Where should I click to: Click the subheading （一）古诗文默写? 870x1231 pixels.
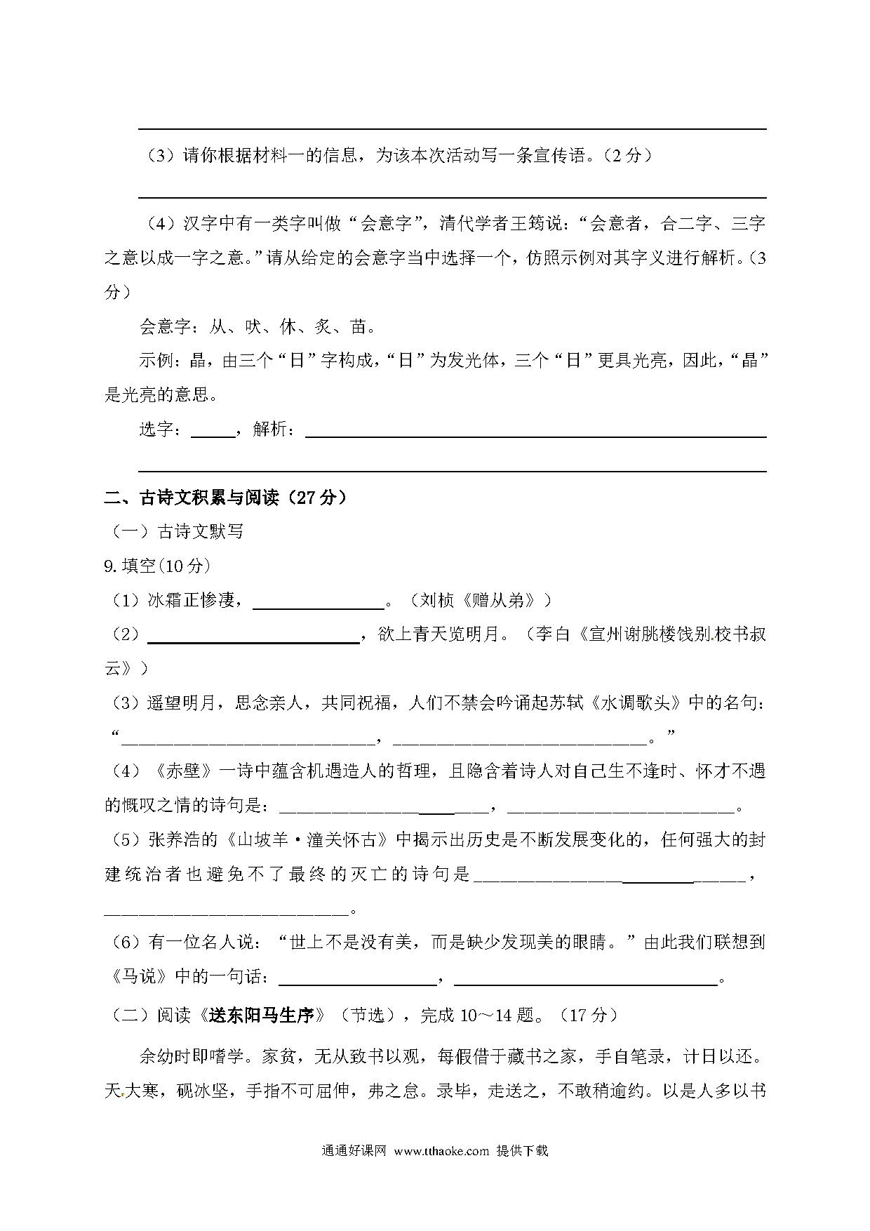[177, 532]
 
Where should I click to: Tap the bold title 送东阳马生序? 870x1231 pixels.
[264, 1016]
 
